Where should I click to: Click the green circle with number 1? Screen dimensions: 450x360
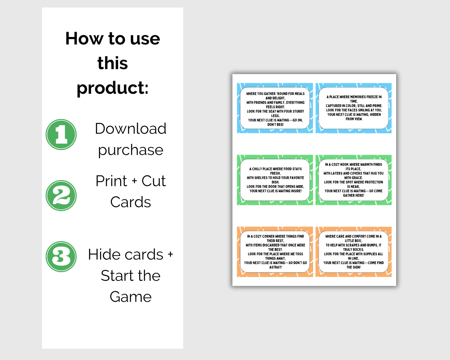[x=61, y=135]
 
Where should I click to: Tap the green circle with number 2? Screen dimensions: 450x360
[x=61, y=196]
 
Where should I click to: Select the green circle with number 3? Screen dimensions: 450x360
[x=61, y=257]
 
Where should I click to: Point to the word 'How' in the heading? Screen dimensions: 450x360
[x=84, y=39]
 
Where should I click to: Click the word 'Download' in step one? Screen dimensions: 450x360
[x=131, y=128]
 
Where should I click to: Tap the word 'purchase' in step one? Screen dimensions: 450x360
[x=131, y=150]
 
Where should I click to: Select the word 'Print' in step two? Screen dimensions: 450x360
[x=111, y=181]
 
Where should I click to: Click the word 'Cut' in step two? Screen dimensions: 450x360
[x=154, y=181]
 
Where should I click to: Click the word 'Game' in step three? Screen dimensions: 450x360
[x=131, y=297]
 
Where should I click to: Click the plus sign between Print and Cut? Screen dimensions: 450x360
[x=134, y=181]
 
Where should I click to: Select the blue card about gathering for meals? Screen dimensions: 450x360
[x=275, y=108]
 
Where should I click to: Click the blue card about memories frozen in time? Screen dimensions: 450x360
[x=353, y=108]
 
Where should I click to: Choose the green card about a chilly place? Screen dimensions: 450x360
[x=275, y=180]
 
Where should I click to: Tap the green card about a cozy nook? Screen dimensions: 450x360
[x=353, y=180]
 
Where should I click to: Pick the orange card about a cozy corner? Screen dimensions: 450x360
[x=275, y=252]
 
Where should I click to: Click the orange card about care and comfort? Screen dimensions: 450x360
[x=353, y=252]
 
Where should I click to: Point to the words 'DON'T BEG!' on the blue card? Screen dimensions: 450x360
[x=275, y=125]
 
